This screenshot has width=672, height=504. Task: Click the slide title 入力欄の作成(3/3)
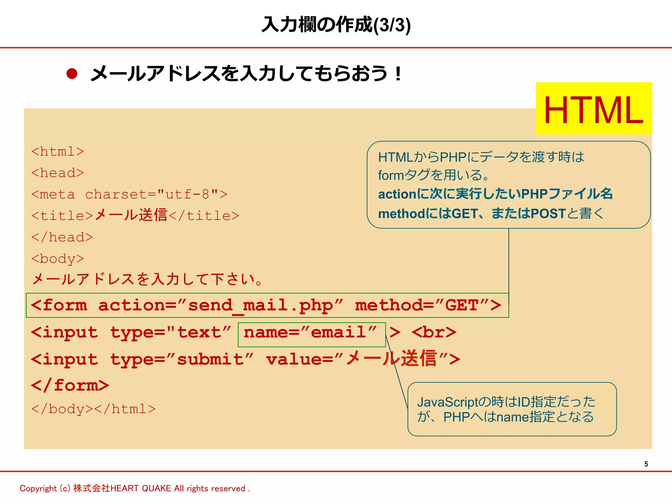[336, 25]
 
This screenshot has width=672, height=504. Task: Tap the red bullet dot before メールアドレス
[72, 73]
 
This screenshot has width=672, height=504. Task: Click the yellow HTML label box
[594, 109]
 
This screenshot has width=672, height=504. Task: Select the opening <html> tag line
[58, 152]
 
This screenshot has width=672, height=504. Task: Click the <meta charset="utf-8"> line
[129, 194]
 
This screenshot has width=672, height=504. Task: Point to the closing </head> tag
[62, 237]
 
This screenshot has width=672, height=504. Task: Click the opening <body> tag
[58, 259]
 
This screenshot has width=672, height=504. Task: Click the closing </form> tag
[70, 385]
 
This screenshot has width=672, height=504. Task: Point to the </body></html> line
[94, 409]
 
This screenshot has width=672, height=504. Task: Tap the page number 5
[646, 464]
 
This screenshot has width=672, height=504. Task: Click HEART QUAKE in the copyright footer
[141, 489]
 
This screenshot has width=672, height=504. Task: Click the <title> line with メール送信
[135, 216]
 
